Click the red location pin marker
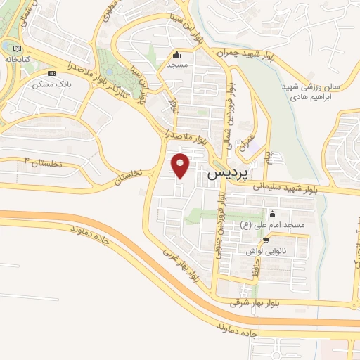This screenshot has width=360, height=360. click(x=181, y=166)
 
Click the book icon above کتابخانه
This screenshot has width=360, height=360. click(x=7, y=46)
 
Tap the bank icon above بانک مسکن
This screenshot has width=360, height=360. click(x=51, y=73)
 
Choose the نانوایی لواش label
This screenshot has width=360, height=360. click(x=264, y=250)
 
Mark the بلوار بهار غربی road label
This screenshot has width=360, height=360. click(x=182, y=266)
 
